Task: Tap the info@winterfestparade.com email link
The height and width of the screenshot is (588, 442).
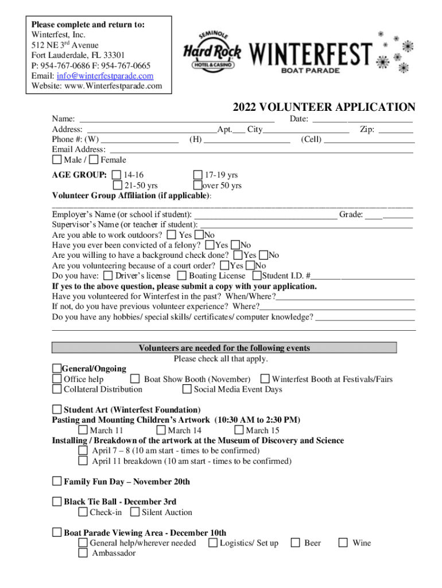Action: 105,76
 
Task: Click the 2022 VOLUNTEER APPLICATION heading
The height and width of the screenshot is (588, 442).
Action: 324,107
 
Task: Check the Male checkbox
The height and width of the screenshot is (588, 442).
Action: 57,160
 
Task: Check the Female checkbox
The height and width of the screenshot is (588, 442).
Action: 94,160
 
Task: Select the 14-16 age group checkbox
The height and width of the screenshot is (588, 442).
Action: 117,175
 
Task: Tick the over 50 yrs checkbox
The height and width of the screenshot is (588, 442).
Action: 198,185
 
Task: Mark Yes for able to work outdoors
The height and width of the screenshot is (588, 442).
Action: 172,235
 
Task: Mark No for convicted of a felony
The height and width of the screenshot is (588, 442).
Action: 235,245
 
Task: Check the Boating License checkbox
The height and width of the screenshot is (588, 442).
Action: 182,276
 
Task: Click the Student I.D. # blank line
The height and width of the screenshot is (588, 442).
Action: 363,276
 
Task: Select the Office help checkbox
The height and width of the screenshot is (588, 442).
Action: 57,379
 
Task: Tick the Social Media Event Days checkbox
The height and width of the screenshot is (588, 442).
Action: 187,389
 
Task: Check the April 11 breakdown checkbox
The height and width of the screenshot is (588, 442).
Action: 83,461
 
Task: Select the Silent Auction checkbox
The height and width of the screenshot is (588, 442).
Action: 135,512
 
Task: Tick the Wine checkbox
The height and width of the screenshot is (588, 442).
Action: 343,543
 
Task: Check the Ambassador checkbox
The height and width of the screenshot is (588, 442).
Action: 83,553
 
